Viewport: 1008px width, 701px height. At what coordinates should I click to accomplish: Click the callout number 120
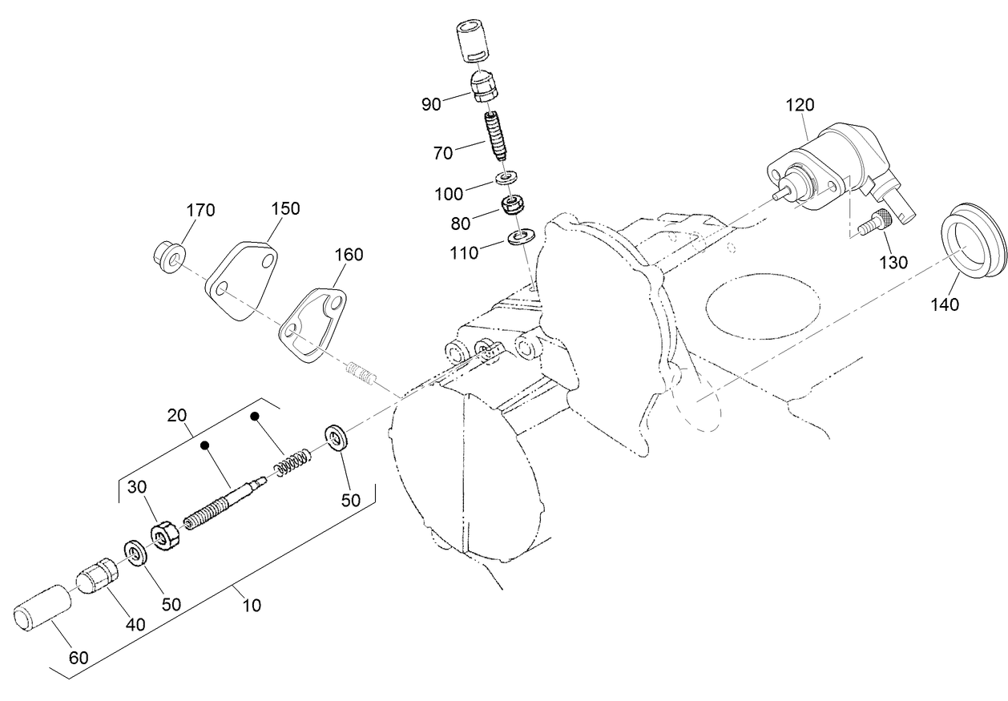800,105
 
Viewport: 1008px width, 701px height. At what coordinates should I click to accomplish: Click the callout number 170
200,211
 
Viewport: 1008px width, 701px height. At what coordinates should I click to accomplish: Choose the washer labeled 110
522,237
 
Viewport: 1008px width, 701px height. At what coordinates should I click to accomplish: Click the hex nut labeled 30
167,535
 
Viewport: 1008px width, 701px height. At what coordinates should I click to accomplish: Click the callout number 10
251,606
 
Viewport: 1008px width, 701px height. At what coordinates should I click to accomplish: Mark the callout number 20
178,415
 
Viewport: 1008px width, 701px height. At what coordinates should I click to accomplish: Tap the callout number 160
348,255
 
